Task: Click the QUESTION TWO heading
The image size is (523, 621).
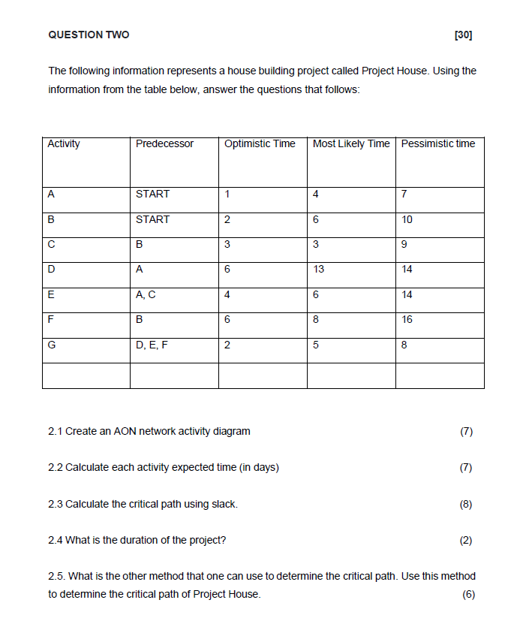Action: pos(89,35)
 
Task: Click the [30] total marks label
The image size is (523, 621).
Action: pos(464,35)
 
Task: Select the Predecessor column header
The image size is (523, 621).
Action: pos(164,143)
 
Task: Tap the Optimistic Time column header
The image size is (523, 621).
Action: pos(260,143)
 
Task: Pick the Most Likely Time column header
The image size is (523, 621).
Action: pos(351,143)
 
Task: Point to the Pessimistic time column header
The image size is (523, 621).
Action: pos(438,143)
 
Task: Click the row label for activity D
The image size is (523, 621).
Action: pos(51,269)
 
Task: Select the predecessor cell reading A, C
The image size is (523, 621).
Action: pos(146,294)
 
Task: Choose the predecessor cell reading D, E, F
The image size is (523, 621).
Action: pos(152,345)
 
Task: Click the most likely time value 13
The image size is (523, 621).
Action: pos(318,269)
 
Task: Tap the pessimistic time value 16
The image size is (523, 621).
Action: pos(407,319)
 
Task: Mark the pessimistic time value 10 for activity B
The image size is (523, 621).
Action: pos(407,219)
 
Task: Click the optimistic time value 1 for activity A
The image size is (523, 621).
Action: pos(227,194)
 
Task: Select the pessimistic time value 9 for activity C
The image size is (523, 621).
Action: pos(404,244)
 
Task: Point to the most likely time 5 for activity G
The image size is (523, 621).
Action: pos(316,345)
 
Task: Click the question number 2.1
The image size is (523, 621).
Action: pos(56,431)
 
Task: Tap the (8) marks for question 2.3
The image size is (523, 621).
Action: pos(466,504)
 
